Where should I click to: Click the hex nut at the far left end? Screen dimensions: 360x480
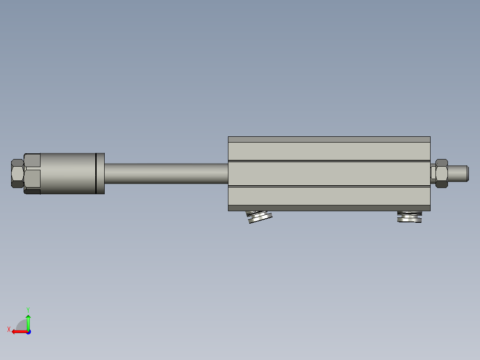point(17,173)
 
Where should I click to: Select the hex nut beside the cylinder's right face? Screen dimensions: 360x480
point(441,173)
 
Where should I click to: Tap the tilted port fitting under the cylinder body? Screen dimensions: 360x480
point(260,217)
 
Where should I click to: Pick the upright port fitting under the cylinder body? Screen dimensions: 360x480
point(409,217)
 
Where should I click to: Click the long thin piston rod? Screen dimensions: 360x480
point(166,173)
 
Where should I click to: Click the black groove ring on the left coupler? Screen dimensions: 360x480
point(96,173)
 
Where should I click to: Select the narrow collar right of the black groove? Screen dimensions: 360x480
point(101,173)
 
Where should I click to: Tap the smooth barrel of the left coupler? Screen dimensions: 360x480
point(67,173)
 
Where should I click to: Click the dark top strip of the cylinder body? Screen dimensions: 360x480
point(329,139)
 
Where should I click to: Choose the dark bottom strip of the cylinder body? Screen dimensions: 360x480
point(329,208)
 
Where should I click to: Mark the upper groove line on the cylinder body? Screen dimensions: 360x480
point(329,161)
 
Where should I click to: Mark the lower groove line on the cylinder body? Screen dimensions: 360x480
point(329,186)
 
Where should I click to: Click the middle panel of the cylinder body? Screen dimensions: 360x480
point(329,173)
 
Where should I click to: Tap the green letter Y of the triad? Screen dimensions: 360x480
point(28,309)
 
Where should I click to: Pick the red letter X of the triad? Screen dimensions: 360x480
point(8,329)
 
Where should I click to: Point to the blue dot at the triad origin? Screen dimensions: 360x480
point(28,331)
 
